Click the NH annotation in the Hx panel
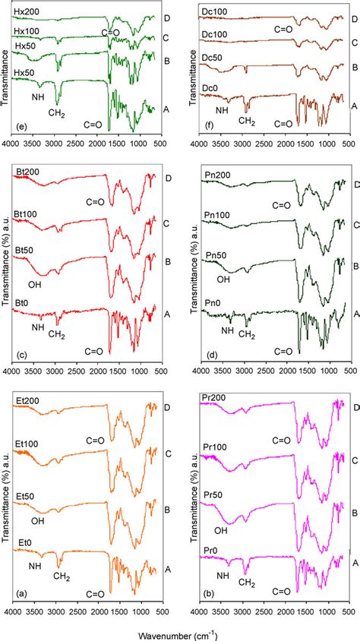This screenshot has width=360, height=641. (x=37, y=96)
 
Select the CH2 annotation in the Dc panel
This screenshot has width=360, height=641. (x=247, y=120)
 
